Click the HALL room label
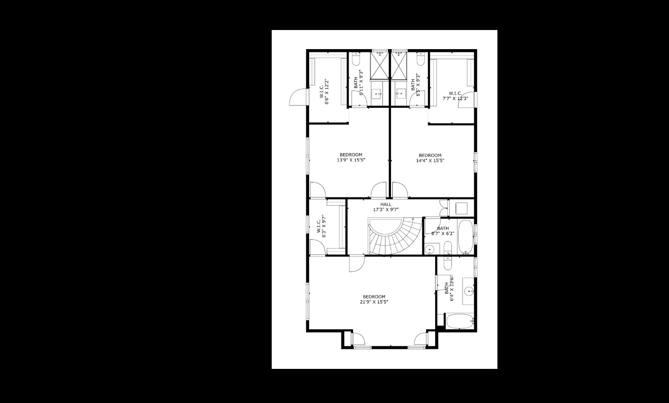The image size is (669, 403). click(x=385, y=205)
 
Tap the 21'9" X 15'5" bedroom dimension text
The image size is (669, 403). click(x=374, y=302)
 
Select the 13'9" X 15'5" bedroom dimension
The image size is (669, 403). click(x=351, y=160)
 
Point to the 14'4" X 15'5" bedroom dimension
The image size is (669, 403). click(x=430, y=160)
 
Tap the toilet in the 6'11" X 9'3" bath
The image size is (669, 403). click(x=356, y=60)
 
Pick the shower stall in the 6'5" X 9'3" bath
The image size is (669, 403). click(x=400, y=65)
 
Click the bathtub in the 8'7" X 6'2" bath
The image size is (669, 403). click(x=466, y=237)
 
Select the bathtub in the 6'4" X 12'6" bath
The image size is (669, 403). click(x=460, y=321)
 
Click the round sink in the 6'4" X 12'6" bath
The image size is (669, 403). click(x=469, y=290)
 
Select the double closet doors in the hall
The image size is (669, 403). click(x=443, y=207)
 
